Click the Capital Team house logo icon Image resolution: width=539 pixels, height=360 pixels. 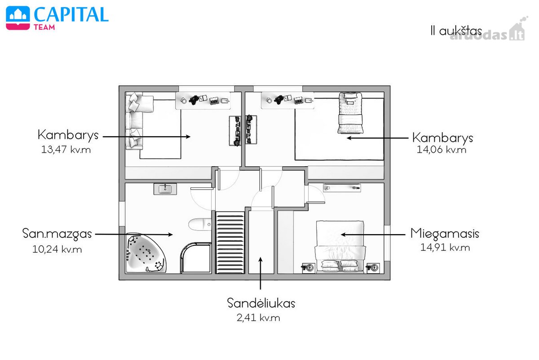click(18, 18)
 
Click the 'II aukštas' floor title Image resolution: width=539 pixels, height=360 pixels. click(456, 31)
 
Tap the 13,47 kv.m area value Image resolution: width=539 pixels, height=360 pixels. click(66, 150)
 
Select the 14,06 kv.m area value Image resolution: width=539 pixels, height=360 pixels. click(441, 150)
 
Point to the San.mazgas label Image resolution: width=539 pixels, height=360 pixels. click(57, 234)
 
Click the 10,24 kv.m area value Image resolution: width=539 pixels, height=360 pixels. click(57, 249)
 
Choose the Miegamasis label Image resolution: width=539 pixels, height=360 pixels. click(445, 234)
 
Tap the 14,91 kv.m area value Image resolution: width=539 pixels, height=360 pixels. click(445, 248)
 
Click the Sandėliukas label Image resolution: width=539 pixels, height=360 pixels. click(261, 303)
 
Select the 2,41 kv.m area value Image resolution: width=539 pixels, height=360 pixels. click(258, 318)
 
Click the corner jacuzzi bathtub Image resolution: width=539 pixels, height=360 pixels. click(146, 253)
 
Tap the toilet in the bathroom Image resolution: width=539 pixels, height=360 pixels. click(200, 224)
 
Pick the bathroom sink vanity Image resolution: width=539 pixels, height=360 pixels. click(165, 189)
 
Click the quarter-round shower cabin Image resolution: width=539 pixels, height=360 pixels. click(196, 258)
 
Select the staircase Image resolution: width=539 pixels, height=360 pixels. click(230, 243)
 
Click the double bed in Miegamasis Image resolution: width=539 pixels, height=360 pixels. click(340, 247)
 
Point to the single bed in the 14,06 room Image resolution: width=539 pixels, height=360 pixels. click(350, 113)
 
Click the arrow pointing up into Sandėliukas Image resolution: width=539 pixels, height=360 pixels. click(261, 273)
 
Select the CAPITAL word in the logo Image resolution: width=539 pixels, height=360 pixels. click(71, 14)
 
